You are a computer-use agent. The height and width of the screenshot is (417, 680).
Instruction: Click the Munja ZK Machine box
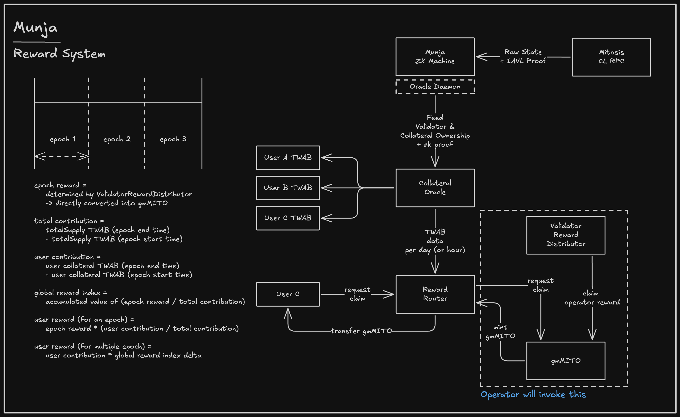pyautogui.click(x=435, y=57)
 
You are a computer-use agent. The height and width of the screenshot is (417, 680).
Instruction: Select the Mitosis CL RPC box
pyautogui.click(x=611, y=57)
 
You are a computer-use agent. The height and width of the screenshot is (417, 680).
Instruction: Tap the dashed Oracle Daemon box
pyautogui.click(x=435, y=87)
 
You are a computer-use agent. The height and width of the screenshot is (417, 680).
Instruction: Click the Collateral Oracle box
pyautogui.click(x=435, y=188)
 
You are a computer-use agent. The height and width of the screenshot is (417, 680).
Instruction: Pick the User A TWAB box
pyautogui.click(x=288, y=158)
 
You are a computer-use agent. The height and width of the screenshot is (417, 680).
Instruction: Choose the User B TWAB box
pyautogui.click(x=288, y=188)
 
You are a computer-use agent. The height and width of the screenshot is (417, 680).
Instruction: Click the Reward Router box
pyautogui.click(x=435, y=294)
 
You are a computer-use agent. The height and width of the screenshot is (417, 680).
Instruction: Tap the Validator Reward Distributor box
pyautogui.click(x=566, y=235)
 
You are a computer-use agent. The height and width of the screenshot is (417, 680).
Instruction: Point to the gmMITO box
pyautogui.click(x=566, y=361)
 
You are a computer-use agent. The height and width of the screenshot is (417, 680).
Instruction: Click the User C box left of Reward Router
pyautogui.click(x=288, y=294)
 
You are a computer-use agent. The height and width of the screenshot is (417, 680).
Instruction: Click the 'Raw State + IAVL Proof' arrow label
pyautogui.click(x=523, y=57)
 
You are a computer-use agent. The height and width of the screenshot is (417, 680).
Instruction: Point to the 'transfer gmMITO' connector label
pyautogui.click(x=361, y=331)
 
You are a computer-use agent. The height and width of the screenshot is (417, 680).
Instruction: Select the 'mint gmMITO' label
pyautogui.click(x=500, y=332)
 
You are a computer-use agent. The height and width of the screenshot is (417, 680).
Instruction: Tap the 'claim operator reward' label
pyautogui.click(x=592, y=298)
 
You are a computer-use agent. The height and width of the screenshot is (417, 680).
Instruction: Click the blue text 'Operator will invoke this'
pyautogui.click(x=533, y=394)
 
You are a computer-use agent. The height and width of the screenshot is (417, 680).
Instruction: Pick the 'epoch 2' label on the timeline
pyautogui.click(x=117, y=139)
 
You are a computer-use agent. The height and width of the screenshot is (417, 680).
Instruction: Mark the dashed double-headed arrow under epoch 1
pyautogui.click(x=61, y=156)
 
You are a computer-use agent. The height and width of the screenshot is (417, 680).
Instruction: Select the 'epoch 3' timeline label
pyautogui.click(x=173, y=139)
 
